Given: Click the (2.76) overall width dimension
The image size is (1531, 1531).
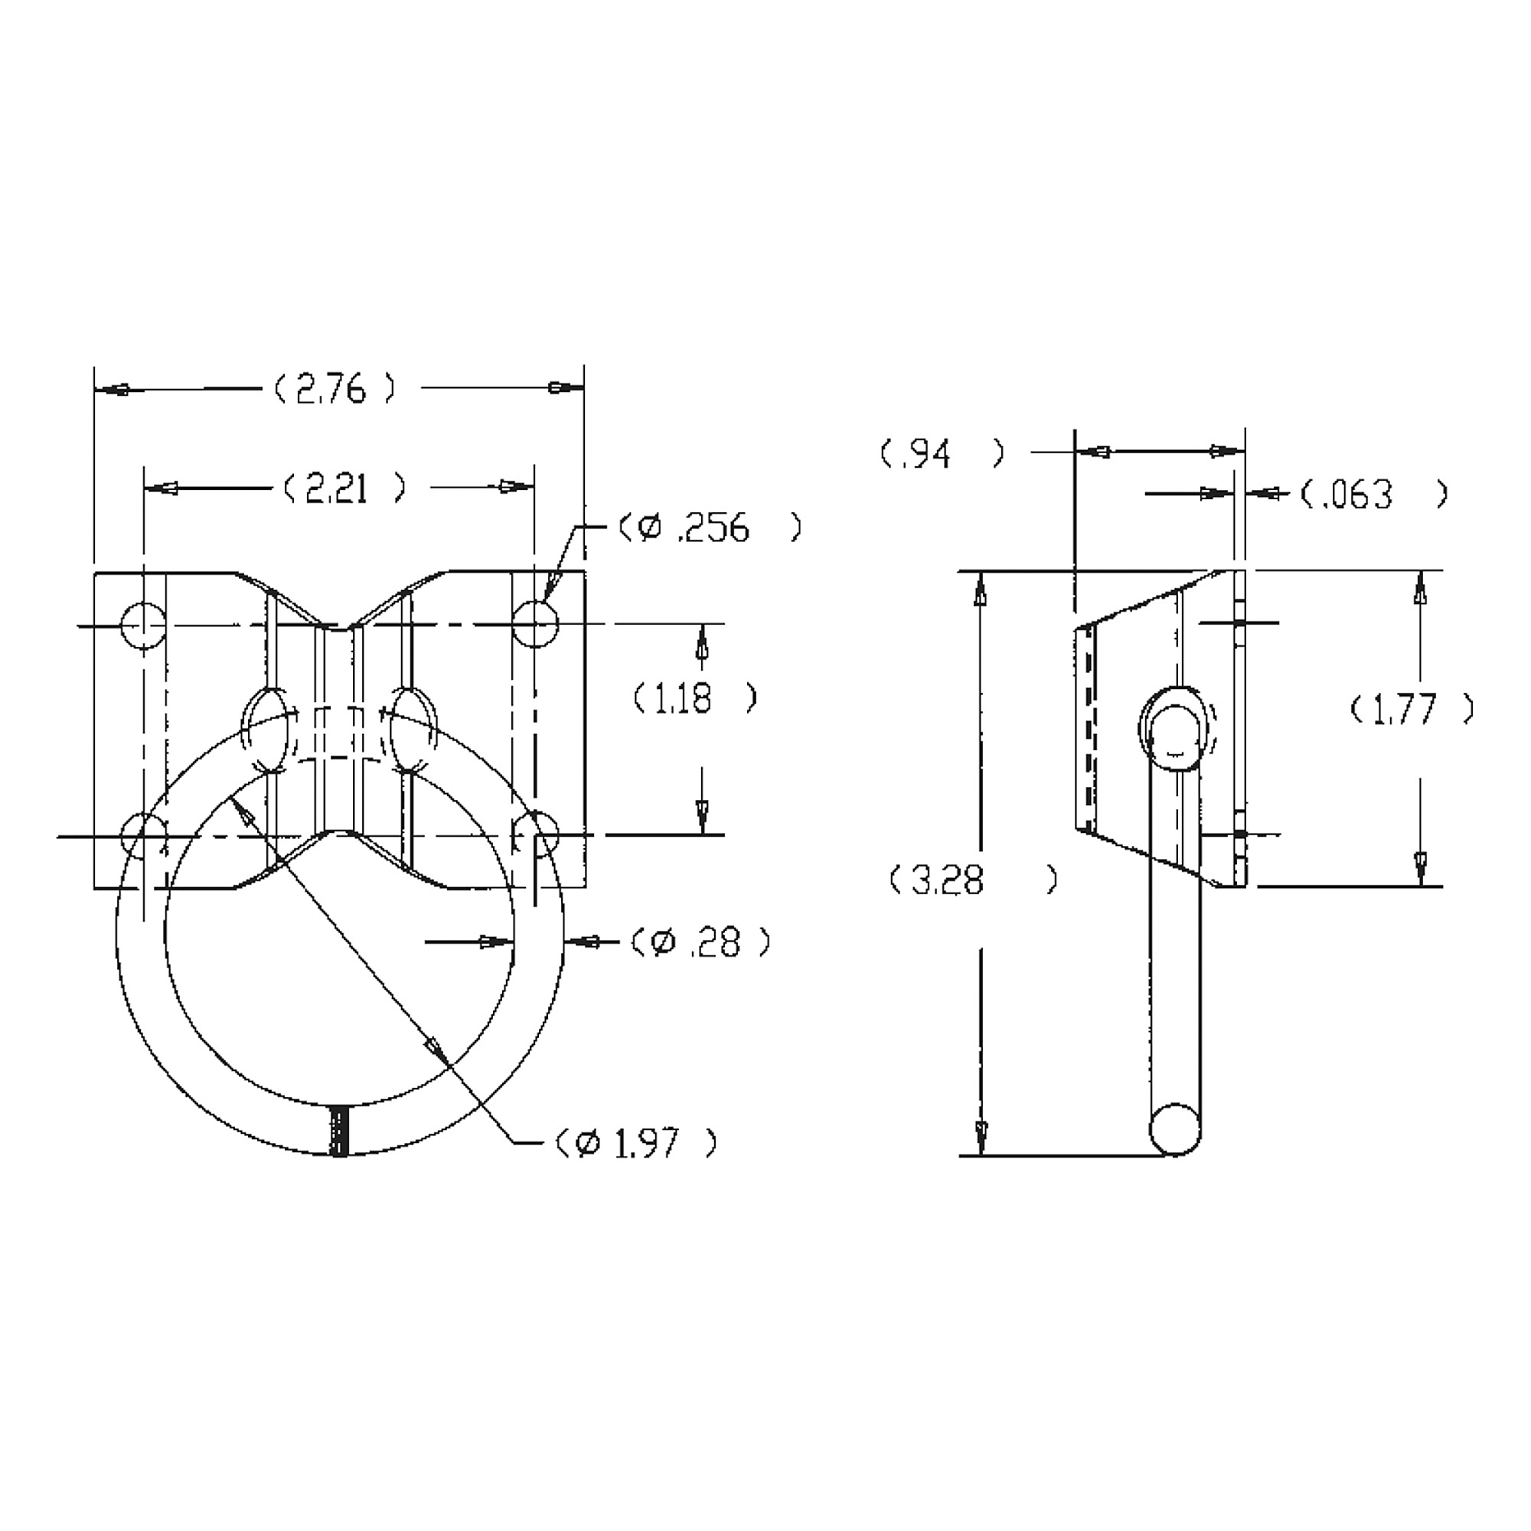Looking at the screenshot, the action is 334,389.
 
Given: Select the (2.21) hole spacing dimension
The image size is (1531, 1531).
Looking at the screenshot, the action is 344,488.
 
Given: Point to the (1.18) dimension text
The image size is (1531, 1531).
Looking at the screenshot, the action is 695,698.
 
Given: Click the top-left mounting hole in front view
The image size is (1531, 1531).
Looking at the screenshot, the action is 143,625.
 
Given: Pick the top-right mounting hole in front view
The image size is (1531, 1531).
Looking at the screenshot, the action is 535,623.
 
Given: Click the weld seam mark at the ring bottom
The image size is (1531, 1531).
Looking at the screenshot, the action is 339,1131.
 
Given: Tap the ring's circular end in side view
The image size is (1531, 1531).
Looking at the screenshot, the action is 1175,1128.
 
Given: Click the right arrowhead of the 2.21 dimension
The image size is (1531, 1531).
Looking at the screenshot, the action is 514,488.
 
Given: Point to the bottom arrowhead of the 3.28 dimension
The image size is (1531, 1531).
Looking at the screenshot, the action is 983,1138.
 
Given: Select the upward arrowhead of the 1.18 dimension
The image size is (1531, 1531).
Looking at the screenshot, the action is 701,642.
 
